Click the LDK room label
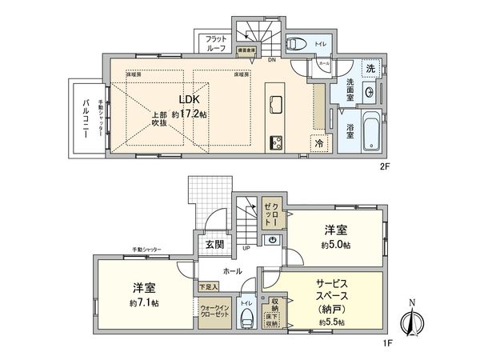click(188, 99)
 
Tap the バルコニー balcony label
click(86, 118)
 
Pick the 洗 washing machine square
click(369, 69)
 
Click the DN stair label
click(271, 60)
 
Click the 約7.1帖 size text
click(144, 303)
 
